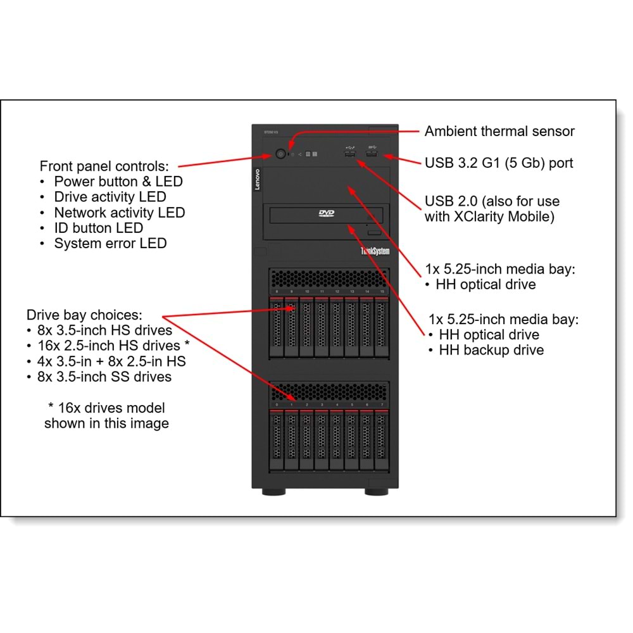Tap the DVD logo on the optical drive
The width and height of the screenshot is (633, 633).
click(x=326, y=214)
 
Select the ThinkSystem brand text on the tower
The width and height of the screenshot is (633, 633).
click(x=375, y=251)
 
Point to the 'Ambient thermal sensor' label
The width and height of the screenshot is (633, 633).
click(x=499, y=131)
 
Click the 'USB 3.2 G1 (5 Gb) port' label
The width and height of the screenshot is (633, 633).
click(x=499, y=163)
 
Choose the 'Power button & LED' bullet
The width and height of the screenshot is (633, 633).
click(x=118, y=182)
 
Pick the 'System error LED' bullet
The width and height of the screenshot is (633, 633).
click(x=110, y=243)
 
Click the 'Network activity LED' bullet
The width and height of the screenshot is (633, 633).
click(x=119, y=213)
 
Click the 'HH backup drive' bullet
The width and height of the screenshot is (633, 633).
click(x=491, y=350)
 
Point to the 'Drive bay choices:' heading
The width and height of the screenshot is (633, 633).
click(x=85, y=315)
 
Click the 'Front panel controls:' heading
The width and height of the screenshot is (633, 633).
click(x=104, y=166)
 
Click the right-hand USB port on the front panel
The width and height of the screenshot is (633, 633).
click(x=372, y=154)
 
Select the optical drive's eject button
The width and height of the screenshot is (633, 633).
click(x=375, y=234)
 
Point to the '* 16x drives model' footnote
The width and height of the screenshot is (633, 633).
click(x=107, y=408)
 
